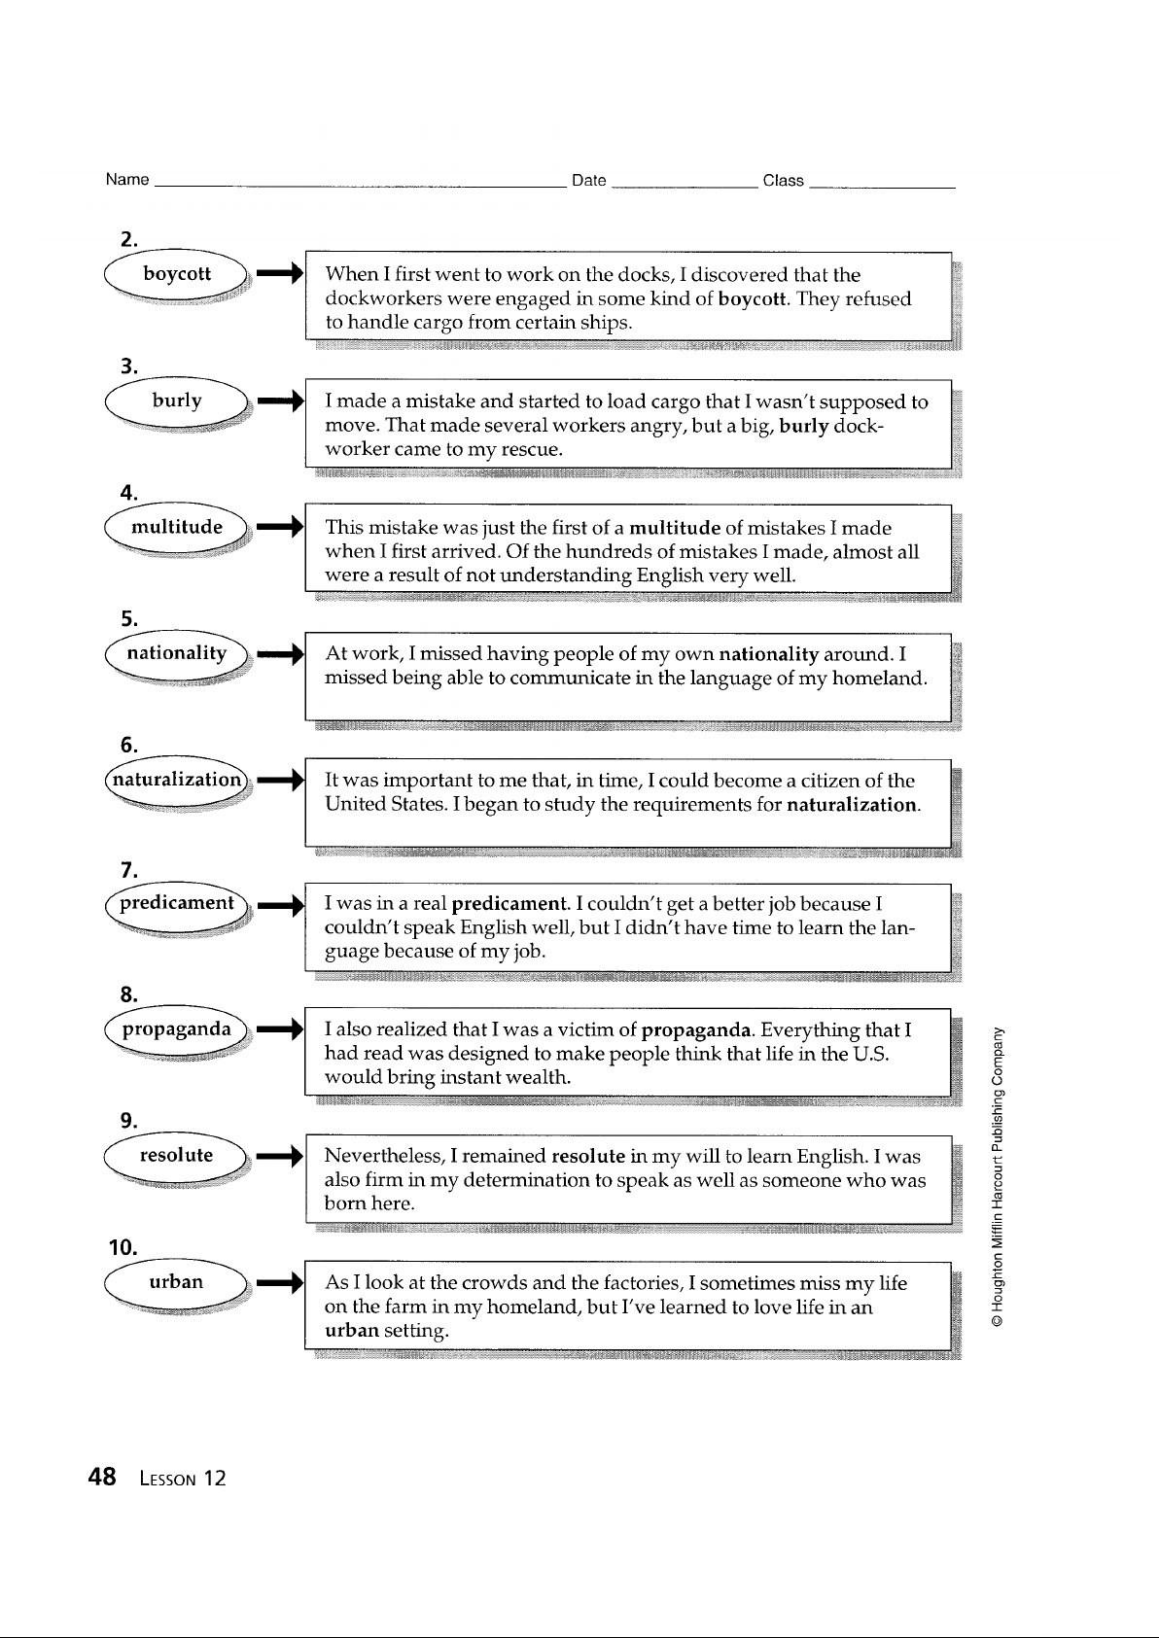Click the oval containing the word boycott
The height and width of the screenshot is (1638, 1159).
(x=177, y=275)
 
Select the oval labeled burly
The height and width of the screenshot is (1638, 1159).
(x=177, y=401)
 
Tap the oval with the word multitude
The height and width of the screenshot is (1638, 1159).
(x=177, y=528)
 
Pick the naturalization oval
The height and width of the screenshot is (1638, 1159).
(x=177, y=781)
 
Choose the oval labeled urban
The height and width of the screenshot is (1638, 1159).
(x=177, y=1283)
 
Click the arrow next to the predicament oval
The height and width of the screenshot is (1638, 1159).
(x=281, y=905)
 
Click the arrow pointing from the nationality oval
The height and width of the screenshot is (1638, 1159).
(x=281, y=653)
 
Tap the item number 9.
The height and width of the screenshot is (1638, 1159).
(x=128, y=1120)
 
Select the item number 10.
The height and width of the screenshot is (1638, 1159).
(x=123, y=1247)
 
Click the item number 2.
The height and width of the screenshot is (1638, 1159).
(x=128, y=239)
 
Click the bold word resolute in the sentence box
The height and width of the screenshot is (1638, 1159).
(x=588, y=1156)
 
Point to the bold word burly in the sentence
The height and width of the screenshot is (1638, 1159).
(x=804, y=427)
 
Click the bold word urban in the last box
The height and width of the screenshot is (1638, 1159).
(x=352, y=1330)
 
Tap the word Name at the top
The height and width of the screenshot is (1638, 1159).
(x=127, y=179)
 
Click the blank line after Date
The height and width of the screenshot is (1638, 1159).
(x=685, y=188)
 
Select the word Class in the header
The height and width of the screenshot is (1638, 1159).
(x=783, y=181)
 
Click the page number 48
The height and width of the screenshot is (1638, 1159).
(x=102, y=1477)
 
